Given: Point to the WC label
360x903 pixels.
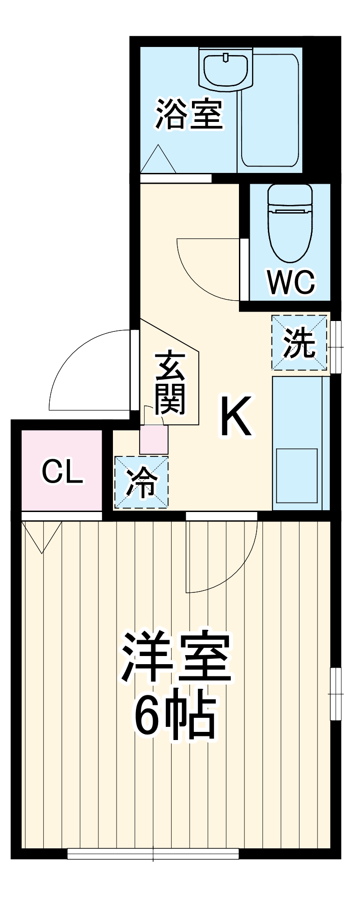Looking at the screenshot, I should click(291, 282).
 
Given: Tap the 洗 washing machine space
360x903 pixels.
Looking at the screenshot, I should click(299, 343).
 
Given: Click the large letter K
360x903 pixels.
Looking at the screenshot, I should click(235, 416).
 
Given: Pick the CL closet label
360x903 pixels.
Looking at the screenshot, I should click(62, 471).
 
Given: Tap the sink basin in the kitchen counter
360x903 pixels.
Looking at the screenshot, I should click(297, 475).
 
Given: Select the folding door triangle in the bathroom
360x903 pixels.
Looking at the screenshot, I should click(158, 160).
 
